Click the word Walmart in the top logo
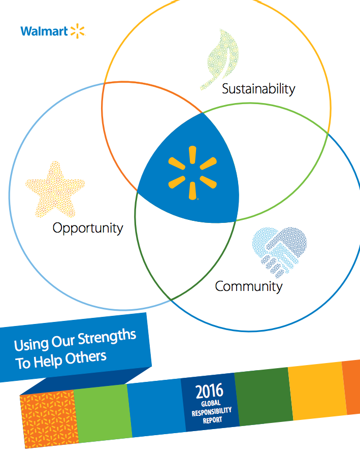[44, 31]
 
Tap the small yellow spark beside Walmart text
[78, 31]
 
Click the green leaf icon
[220, 59]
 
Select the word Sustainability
[258, 89]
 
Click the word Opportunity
[88, 228]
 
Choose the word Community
[249, 286]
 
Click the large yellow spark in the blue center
[192, 173]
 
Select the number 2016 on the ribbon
[209, 391]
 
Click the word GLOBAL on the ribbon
[211, 404]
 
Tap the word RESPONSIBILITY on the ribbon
[212, 412]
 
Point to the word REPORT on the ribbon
[213, 420]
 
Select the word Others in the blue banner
[86, 358]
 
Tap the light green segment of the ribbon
[103, 413]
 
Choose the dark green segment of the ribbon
[264, 397]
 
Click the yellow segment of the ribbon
[317, 391]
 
